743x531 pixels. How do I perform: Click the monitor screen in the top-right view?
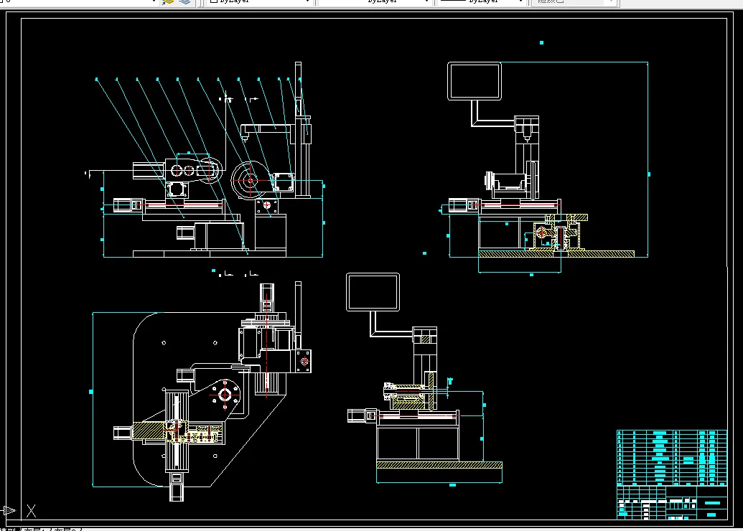click(x=474, y=81)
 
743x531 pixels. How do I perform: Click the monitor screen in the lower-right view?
click(x=373, y=292)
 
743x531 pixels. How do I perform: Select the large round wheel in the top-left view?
click(x=248, y=181)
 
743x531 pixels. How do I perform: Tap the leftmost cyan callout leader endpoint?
click(x=96, y=78)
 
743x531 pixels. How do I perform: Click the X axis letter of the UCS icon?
click(x=31, y=511)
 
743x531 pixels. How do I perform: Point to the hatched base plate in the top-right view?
click(x=556, y=253)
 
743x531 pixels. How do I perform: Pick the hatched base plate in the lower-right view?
click(x=439, y=465)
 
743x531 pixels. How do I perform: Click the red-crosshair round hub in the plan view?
click(x=224, y=394)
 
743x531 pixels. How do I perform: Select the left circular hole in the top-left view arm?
click(x=176, y=170)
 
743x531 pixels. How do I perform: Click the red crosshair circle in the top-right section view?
click(x=541, y=232)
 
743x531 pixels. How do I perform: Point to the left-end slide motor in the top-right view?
click(x=461, y=207)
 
